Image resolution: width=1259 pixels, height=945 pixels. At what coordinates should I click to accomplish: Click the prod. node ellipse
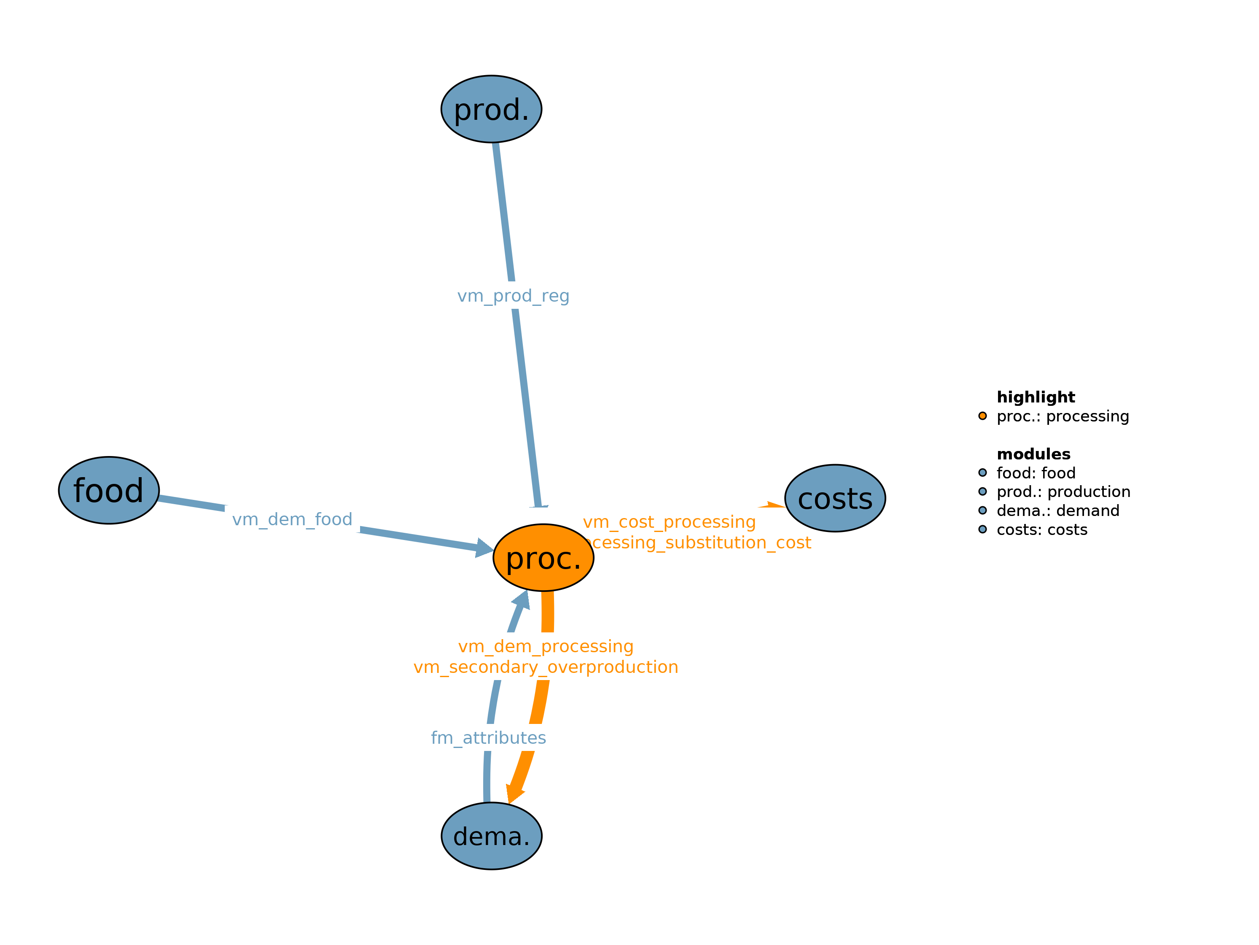[491, 109]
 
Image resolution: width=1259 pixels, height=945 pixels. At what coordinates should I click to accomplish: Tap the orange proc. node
[543, 558]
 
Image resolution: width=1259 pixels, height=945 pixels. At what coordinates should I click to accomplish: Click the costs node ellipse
[834, 498]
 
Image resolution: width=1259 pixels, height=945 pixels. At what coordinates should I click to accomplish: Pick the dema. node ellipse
[491, 836]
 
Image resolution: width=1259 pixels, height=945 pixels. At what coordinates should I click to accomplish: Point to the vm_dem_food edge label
[292, 519]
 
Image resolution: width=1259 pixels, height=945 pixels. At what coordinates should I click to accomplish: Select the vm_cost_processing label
[669, 522]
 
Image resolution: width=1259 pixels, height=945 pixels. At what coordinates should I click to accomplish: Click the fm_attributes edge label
[488, 738]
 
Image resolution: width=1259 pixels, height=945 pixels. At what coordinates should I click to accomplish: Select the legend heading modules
[1033, 454]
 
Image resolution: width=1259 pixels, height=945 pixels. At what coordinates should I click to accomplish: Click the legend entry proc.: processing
[1062, 416]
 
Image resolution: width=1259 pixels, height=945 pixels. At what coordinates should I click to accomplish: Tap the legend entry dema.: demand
[1057, 510]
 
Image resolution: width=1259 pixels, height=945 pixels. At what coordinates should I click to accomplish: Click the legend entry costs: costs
[1041, 530]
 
